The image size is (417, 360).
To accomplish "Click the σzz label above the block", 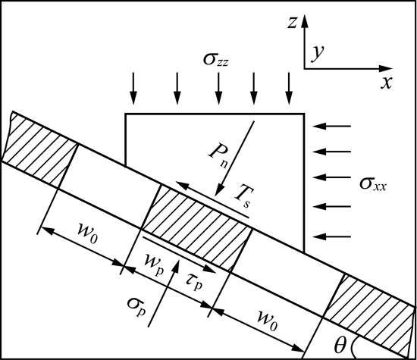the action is coord(215,60).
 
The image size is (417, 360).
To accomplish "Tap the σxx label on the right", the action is coord(373,183).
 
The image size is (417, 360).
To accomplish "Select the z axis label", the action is coord(292,22).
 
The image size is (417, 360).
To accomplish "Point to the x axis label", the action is coord(387,83).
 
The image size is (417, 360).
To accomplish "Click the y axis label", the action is coord(318,53).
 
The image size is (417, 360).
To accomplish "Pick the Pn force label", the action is coord(218,155).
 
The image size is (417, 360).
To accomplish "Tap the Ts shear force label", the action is coord(243,197).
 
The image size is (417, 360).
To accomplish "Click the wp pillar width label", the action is coord(154,265).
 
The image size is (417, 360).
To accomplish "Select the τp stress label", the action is coord(194,283).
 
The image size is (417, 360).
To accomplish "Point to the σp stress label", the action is coord(136,305).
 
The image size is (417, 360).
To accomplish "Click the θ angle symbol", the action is coord(340,345).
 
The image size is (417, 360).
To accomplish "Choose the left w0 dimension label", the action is coord(88,233).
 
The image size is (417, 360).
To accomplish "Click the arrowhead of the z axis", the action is coord(305,20).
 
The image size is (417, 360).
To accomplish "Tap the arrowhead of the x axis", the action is coord(385,69).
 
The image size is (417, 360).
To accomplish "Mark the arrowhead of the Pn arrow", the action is coord(219,191).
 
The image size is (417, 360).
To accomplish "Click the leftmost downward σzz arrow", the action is coord(133,88).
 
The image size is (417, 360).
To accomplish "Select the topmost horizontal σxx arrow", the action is coord(332,126).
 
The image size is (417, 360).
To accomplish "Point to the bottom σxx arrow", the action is coord(332,236).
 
